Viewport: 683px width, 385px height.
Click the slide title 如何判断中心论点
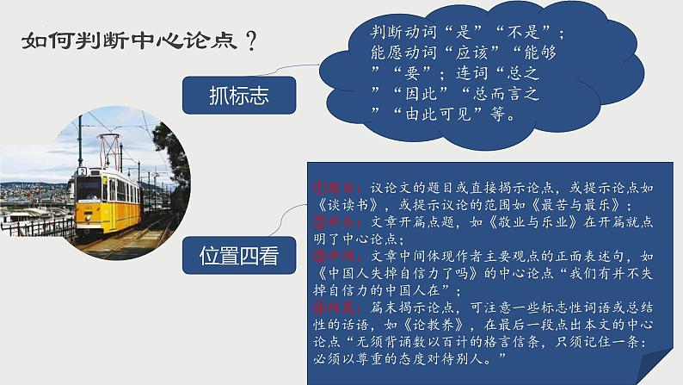129,40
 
